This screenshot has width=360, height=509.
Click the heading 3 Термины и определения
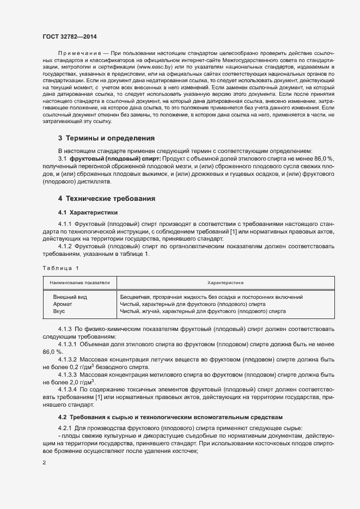[106, 138]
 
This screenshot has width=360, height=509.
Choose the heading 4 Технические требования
[107, 198]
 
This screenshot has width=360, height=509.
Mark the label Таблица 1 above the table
[60, 268]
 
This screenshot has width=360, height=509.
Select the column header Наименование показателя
[80, 283]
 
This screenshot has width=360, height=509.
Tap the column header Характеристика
[225, 283]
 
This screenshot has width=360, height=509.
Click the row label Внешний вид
[70, 297]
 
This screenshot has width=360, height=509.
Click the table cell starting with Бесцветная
[211, 297]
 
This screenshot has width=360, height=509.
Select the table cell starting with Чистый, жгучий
[202, 311]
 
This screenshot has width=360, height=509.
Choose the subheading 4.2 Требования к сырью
[170, 417]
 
